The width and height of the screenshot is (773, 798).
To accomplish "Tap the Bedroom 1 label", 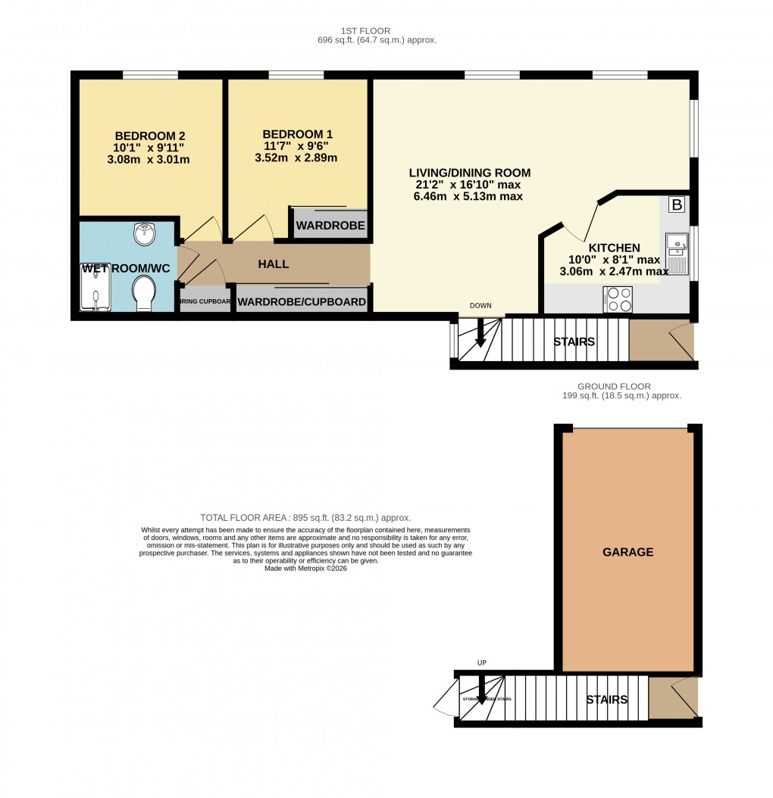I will click(x=298, y=134).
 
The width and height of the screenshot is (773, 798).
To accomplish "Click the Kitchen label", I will click(x=614, y=248).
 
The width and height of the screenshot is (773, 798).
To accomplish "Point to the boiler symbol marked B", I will click(x=677, y=204).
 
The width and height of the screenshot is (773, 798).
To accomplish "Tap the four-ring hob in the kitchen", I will click(x=618, y=301).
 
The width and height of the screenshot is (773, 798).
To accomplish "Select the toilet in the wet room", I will click(x=142, y=292).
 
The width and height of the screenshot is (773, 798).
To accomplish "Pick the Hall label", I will click(x=273, y=264).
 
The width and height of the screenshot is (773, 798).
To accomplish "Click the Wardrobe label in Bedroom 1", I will click(x=330, y=226).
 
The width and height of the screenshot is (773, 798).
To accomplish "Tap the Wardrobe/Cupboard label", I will click(x=302, y=303).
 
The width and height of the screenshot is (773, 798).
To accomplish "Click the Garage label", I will click(x=627, y=553).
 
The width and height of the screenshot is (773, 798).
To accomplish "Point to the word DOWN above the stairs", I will click(x=480, y=306).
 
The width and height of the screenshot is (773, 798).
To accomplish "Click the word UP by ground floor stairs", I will click(x=481, y=663).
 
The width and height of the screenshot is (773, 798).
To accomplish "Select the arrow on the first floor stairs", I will click(x=480, y=335).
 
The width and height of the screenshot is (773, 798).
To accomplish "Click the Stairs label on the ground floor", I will click(x=606, y=700).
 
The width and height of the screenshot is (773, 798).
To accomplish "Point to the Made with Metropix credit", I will click(x=305, y=569).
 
